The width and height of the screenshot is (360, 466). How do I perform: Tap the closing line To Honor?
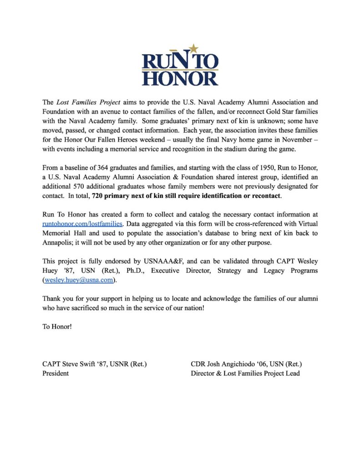coord(57,327)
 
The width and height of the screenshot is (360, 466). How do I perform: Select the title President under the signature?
coord(56,373)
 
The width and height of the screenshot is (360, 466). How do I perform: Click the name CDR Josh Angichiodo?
coord(225,364)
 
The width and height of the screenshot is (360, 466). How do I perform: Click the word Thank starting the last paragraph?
coord(52,299)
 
